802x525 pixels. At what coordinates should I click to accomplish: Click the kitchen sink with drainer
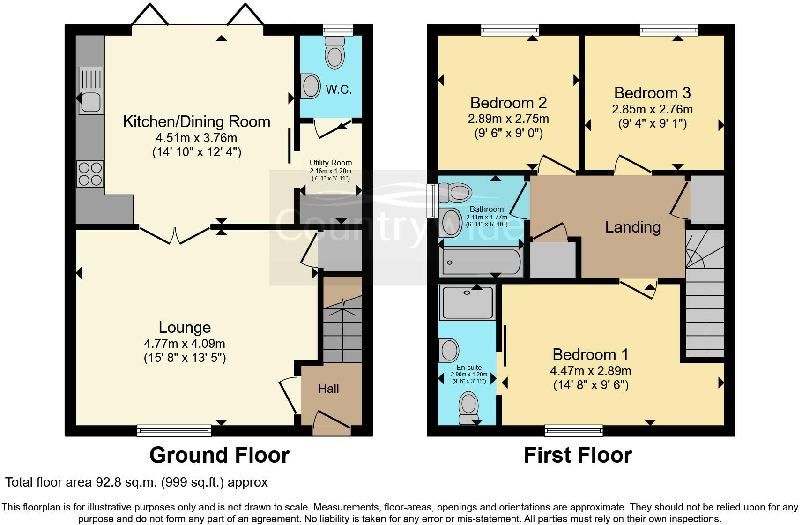point(91,90)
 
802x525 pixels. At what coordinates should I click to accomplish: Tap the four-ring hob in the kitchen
point(90,174)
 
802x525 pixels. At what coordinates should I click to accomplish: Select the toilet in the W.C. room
point(334,53)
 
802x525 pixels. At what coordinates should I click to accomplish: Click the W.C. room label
point(339,89)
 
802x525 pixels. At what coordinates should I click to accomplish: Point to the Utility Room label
point(330,163)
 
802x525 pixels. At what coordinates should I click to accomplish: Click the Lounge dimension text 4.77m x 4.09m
point(185,344)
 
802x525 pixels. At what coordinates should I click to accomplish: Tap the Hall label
point(328,388)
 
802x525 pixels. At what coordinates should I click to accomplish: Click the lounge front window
point(174,429)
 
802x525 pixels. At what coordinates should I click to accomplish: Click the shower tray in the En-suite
point(468,303)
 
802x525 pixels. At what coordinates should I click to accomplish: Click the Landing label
point(632,227)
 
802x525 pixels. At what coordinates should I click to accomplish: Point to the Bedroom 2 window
point(510,30)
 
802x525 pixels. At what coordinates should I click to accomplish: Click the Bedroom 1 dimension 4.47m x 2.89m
point(590,371)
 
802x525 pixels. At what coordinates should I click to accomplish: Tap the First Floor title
point(578,455)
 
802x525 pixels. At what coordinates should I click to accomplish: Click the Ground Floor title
point(219,455)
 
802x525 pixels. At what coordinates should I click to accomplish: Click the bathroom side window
point(431,201)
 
